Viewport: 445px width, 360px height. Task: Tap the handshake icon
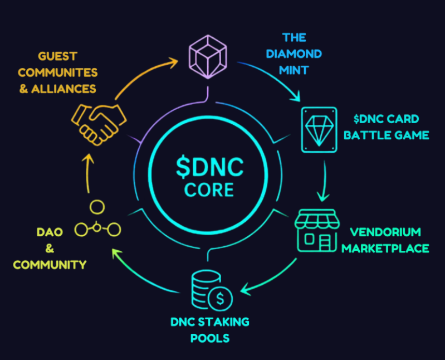pyautogui.click(x=99, y=121)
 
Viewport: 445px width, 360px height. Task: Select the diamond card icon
pyautogui.click(x=319, y=129)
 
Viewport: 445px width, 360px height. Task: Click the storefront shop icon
pyautogui.click(x=317, y=230)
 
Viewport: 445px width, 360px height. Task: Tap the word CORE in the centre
pyautogui.click(x=209, y=190)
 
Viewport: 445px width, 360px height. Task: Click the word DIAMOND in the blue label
pyautogui.click(x=294, y=54)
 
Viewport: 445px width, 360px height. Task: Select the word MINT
pyautogui.click(x=294, y=70)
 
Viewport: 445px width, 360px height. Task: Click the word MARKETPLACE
pyautogui.click(x=385, y=248)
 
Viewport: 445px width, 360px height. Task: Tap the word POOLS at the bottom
pyautogui.click(x=210, y=338)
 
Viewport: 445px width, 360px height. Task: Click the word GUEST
pyautogui.click(x=57, y=56)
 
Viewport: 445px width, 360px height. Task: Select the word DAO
pyautogui.click(x=49, y=232)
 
